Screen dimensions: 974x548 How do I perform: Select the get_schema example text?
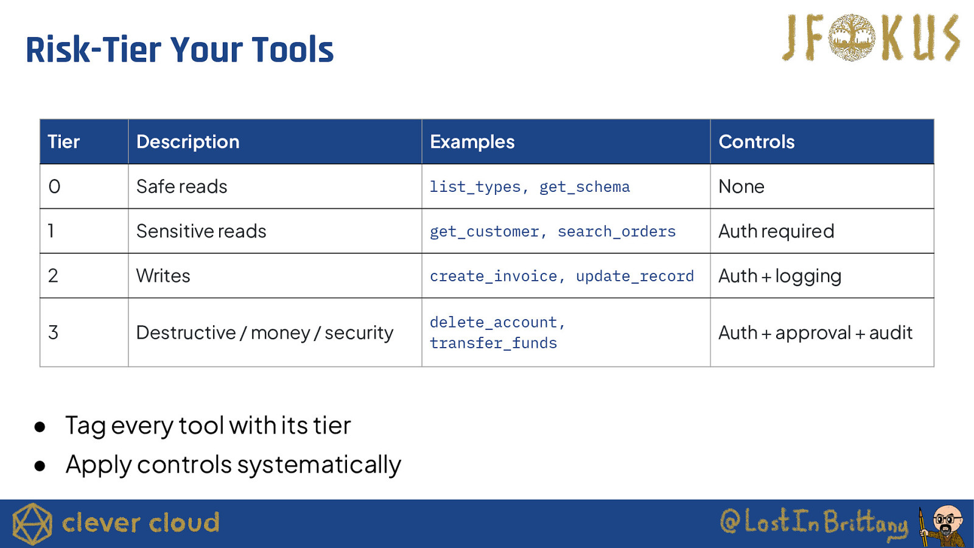tap(584, 187)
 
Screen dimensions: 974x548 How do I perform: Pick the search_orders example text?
tap(617, 231)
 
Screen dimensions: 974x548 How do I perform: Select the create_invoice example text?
tap(494, 276)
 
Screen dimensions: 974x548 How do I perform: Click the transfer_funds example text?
tap(494, 343)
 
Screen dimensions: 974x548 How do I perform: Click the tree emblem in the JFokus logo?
tap(852, 37)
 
